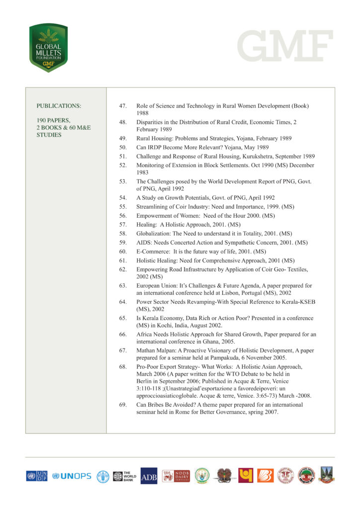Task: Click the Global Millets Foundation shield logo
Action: tap(48, 48)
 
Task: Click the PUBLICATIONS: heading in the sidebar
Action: tap(59, 106)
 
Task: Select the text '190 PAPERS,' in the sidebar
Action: tap(53, 120)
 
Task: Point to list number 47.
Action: tap(123, 106)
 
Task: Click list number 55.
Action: tap(123, 206)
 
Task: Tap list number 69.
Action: tap(123, 405)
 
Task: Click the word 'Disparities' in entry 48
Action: tap(151, 122)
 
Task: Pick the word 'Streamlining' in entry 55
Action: tap(153, 206)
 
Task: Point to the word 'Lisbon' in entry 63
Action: tap(228, 294)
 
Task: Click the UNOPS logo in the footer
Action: tap(72, 476)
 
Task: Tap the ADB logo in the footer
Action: tap(149, 476)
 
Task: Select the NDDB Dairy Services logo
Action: tap(176, 476)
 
